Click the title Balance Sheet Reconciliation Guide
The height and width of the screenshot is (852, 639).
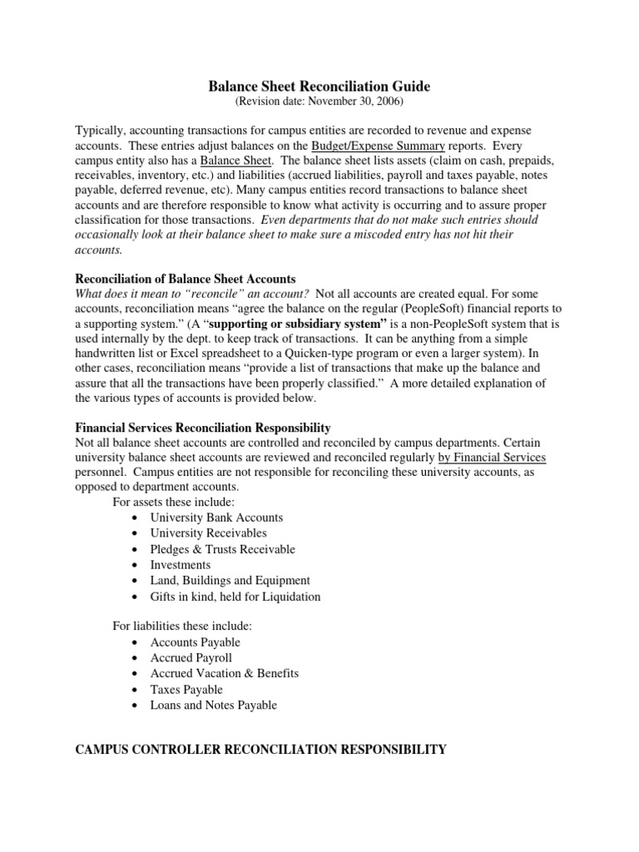[319, 86]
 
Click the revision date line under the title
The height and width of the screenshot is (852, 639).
[319, 102]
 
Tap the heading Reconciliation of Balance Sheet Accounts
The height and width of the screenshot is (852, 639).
[186, 279]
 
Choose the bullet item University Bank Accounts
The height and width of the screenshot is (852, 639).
[216, 518]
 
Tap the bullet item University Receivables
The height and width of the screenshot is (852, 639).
[208, 533]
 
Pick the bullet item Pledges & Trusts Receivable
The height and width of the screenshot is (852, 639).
[222, 549]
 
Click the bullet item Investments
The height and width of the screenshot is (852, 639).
[181, 565]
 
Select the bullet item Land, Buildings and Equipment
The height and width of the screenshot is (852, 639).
[230, 581]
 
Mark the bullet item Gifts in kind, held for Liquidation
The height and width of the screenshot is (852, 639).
[235, 597]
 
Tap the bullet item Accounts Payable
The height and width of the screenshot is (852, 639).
[195, 642]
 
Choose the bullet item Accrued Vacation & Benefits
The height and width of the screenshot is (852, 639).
[224, 673]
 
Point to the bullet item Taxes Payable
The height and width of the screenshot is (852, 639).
[186, 690]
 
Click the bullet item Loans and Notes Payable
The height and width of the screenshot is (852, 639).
[213, 706]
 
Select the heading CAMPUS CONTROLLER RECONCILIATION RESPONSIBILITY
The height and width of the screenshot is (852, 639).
[260, 750]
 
